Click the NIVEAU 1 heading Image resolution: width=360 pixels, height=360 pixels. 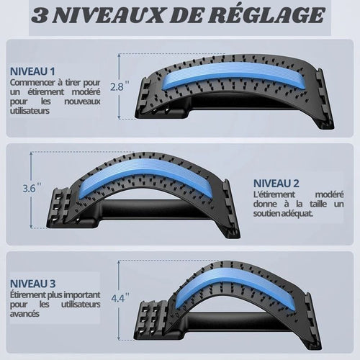[32, 71]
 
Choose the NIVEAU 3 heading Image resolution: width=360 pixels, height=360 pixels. [32, 284]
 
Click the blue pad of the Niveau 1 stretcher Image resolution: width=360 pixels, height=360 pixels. [230, 76]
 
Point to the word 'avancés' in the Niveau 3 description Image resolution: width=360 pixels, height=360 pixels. [24, 314]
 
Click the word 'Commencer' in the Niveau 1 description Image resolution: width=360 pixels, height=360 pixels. [32, 82]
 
